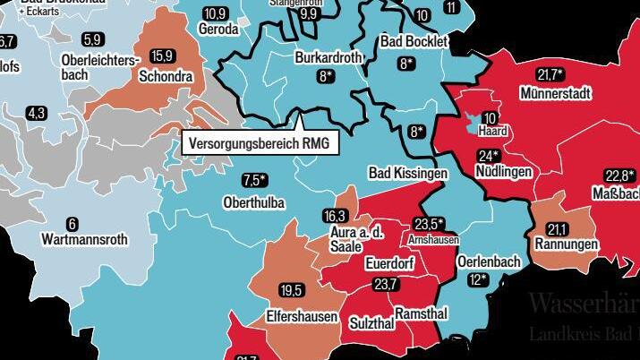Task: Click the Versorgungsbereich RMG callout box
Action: pos(260,142)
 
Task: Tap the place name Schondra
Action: pos(166,77)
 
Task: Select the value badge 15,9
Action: pos(162,56)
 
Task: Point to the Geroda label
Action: pos(218,30)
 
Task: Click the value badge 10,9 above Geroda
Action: pos(215,13)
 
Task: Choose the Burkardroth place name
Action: pos(329,57)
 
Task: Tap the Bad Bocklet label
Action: pos(413,42)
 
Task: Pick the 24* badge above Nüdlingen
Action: pos(488,155)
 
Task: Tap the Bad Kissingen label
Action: pos(407,171)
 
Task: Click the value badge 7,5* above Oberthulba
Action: pos(255,181)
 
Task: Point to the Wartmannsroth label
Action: pos(84,240)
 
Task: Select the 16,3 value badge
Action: pos(335,216)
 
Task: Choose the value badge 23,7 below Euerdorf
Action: pos(385,285)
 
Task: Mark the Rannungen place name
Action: pos(566,244)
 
